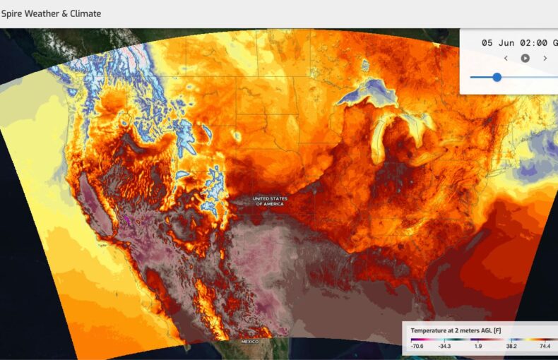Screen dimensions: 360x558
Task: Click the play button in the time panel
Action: (x=525, y=58)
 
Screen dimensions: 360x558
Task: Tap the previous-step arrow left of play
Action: (x=506, y=58)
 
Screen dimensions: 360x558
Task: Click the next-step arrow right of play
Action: (x=545, y=58)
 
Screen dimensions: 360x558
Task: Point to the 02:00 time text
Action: (x=533, y=43)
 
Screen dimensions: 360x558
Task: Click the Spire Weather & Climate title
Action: (x=51, y=13)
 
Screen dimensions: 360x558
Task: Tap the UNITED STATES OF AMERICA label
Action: (x=270, y=200)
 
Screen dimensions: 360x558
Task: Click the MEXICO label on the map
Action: (x=250, y=342)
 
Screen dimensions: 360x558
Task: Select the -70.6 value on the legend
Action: (x=417, y=347)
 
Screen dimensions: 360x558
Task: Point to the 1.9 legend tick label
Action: (x=478, y=347)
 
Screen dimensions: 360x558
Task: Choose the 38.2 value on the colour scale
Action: (x=511, y=347)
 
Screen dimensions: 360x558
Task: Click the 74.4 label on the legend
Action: (x=545, y=347)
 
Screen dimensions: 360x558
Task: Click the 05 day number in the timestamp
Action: (x=487, y=43)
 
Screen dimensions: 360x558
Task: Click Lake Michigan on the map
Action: (x=381, y=138)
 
